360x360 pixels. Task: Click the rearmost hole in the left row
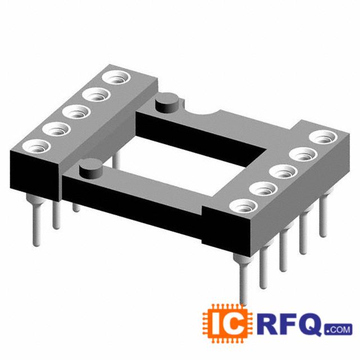(116, 78)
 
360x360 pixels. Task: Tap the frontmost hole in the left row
(37, 146)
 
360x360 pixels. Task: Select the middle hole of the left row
(76, 112)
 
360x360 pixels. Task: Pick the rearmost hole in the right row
(323, 137)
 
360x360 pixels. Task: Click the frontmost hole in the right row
(244, 206)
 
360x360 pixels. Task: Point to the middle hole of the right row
(283, 172)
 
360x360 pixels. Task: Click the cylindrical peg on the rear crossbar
(167, 102)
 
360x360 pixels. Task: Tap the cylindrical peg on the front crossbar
(90, 168)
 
